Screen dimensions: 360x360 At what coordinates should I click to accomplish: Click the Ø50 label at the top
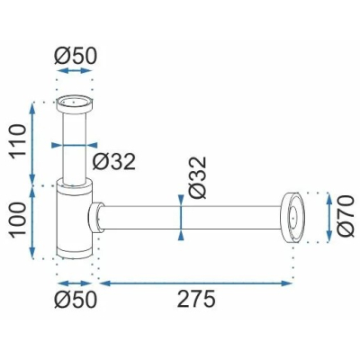tap(76, 56)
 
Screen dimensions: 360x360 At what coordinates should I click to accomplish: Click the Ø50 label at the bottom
tap(76, 300)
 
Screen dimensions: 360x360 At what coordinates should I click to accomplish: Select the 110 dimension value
tap(17, 142)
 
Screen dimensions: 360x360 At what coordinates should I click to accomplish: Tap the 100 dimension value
tap(17, 221)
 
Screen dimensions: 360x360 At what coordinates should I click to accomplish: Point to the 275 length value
tap(196, 300)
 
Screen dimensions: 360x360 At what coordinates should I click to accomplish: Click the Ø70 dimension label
tap(345, 216)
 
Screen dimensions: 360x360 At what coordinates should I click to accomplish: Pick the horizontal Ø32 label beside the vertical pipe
tap(114, 162)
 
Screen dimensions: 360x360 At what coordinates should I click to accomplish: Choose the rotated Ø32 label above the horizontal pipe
tap(198, 177)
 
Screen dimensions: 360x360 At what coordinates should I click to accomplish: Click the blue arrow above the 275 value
tap(195, 283)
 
